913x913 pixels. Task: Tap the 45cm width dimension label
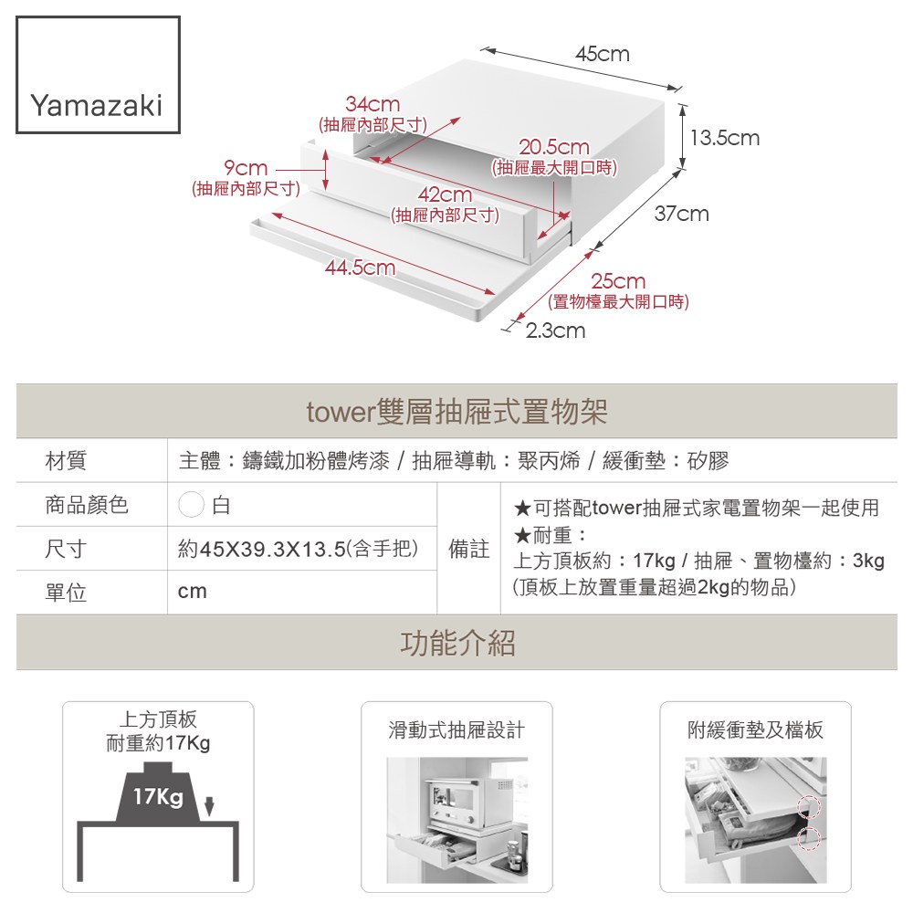[602, 55]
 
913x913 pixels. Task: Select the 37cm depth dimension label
[681, 214]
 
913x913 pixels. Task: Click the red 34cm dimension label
[372, 105]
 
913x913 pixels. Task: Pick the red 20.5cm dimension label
[554, 148]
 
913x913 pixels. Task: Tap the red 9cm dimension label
[246, 169]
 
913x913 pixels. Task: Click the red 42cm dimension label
[445, 195]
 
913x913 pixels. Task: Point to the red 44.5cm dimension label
[360, 268]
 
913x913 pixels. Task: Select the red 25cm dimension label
[617, 282]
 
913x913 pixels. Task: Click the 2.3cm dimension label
[556, 331]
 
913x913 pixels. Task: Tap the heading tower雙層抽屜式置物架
[456, 413]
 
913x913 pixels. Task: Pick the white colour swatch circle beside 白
[191, 505]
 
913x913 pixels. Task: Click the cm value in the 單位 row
[193, 592]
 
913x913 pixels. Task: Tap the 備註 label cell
[469, 550]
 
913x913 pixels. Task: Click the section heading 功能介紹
[456, 643]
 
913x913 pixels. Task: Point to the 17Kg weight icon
[158, 796]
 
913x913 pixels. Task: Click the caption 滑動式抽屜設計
[456, 730]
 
